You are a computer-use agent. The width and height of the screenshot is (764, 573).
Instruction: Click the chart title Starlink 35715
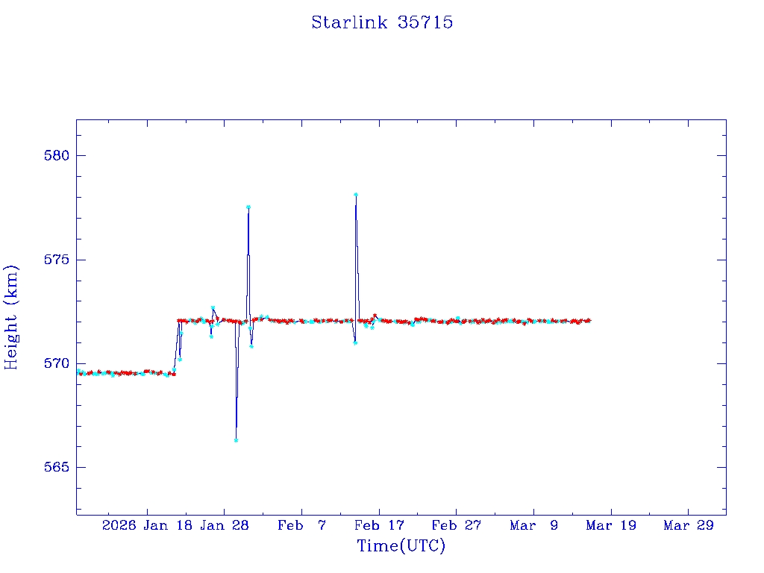(x=382, y=22)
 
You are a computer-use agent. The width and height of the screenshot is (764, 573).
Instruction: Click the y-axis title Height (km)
(x=12, y=317)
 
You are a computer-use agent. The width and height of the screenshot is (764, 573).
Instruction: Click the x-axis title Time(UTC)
(x=401, y=546)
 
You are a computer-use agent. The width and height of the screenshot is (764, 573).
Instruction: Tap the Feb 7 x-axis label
(x=301, y=526)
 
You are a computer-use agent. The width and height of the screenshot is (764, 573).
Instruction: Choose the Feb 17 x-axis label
(x=379, y=526)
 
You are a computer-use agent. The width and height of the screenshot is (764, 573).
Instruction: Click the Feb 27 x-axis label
(x=457, y=526)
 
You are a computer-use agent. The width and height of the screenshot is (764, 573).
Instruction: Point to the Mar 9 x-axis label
(x=534, y=526)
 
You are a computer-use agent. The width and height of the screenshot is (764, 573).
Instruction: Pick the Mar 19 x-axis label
(x=611, y=526)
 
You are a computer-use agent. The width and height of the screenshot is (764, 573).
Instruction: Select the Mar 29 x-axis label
(x=689, y=526)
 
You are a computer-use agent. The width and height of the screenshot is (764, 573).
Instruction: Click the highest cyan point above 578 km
(x=356, y=195)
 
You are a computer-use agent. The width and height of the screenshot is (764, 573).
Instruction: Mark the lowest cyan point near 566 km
(x=236, y=440)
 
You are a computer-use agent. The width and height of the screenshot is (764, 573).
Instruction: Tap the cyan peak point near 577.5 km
(x=248, y=207)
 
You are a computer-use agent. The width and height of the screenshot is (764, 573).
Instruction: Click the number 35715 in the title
(x=425, y=22)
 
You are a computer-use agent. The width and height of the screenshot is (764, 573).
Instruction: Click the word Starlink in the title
(x=349, y=22)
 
